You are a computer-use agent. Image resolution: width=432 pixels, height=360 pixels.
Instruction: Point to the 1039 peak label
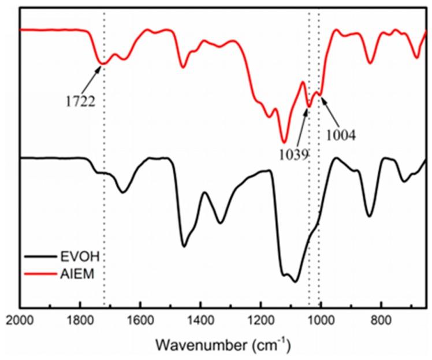coord(293,155)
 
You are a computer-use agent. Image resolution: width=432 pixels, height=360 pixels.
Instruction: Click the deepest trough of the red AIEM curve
coord(284,142)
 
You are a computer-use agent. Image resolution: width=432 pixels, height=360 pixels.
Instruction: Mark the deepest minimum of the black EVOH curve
coord(295,281)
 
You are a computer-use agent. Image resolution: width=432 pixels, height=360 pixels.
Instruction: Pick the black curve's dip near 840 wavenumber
coord(370,216)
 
